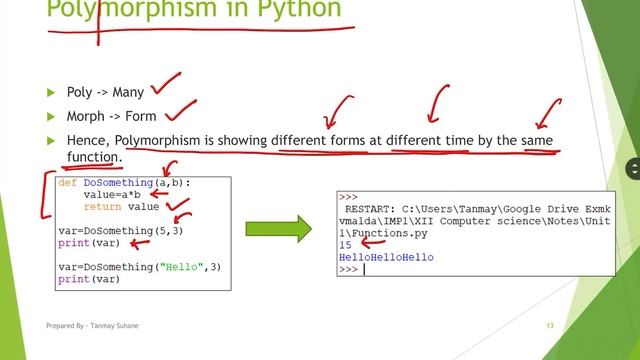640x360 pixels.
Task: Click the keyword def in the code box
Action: (x=67, y=185)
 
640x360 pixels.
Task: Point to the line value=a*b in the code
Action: (x=111, y=196)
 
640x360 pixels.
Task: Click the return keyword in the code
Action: (x=102, y=207)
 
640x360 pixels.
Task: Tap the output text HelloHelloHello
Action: (x=386, y=258)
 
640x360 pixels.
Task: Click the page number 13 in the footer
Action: (x=549, y=326)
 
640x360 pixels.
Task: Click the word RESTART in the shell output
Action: (x=369, y=210)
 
